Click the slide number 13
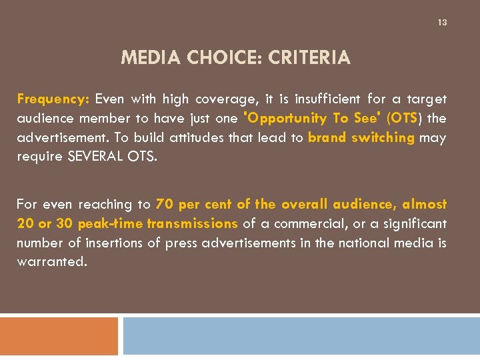tap(443, 23)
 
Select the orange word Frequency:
tap(53, 99)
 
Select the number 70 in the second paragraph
tap(164, 204)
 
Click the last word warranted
tap(51, 261)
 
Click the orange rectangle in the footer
tap(59, 337)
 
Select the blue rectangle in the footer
tap(301, 337)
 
